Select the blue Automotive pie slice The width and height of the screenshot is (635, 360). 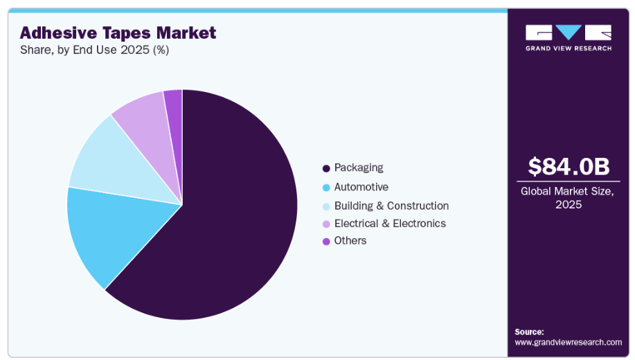tap(104, 232)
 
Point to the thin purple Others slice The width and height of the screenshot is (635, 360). tap(174, 100)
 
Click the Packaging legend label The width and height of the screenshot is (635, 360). tap(358, 168)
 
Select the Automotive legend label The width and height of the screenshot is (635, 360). tap(361, 187)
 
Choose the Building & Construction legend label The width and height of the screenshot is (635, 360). tap(391, 206)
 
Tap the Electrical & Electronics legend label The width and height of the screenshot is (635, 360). tap(390, 224)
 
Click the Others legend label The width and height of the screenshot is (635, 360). tap(350, 241)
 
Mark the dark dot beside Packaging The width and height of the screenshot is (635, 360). tap(325, 168)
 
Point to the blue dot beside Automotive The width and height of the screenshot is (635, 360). tap(325, 188)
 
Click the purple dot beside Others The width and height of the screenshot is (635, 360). tap(325, 242)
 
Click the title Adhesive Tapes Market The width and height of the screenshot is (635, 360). tap(118, 33)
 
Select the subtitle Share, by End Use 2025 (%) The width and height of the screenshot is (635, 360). tap(94, 50)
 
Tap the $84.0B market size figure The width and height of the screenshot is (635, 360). tap(568, 166)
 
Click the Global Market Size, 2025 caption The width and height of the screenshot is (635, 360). tap(568, 198)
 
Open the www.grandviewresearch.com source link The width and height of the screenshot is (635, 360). tap(568, 342)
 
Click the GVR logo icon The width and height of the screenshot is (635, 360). tap(568, 33)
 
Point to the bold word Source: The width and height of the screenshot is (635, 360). tap(529, 332)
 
